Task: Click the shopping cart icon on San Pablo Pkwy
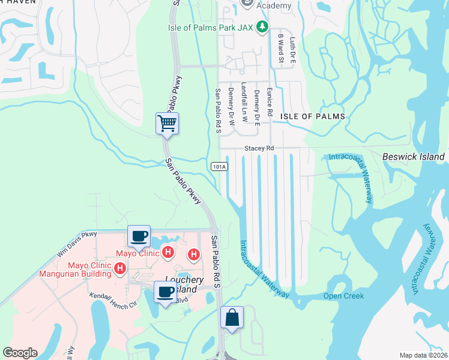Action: pyautogui.click(x=167, y=124)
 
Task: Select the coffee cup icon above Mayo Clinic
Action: pyautogui.click(x=139, y=236)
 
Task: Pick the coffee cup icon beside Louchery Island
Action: pyautogui.click(x=166, y=292)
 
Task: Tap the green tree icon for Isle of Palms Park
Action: pyautogui.click(x=262, y=26)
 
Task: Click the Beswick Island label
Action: pyautogui.click(x=414, y=157)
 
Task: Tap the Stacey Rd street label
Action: pyautogui.click(x=259, y=148)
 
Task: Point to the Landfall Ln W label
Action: pyautogui.click(x=244, y=102)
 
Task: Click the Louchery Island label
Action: pyautogui.click(x=184, y=284)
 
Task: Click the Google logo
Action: pyautogui.click(x=20, y=353)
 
